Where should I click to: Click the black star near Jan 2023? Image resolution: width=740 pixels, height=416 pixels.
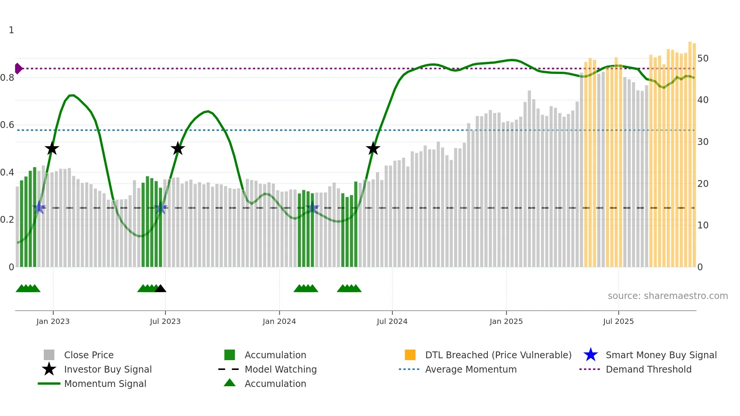tap(52, 149)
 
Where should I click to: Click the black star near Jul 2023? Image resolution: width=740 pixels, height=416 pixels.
tap(177, 149)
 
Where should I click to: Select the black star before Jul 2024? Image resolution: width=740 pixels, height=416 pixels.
tap(373, 149)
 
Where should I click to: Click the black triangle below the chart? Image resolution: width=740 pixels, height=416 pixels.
tap(160, 289)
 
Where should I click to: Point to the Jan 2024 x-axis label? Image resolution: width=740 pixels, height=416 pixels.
tap(279, 321)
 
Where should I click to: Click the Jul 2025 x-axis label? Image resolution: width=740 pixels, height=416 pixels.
tap(618, 321)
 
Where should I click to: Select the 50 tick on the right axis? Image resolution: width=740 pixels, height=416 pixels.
tap(703, 59)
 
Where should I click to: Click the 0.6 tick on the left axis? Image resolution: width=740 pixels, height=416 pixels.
tap(7, 125)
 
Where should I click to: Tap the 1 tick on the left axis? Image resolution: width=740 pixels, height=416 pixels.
tap(11, 30)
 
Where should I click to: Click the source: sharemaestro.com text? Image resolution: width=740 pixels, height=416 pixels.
tap(668, 296)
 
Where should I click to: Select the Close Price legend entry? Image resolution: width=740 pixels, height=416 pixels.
tap(89, 355)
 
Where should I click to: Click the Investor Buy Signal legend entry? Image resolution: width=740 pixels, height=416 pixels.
tap(108, 369)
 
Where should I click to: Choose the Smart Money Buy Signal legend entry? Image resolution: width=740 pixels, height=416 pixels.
tap(661, 355)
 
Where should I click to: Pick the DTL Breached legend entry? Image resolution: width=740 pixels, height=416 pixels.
tap(498, 355)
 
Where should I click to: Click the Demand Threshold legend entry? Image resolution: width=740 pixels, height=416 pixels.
tap(648, 369)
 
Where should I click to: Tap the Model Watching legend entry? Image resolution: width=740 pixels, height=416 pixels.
tap(281, 369)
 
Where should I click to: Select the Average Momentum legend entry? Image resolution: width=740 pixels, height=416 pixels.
tap(470, 369)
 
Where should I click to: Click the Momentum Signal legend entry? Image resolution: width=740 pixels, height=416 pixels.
tap(105, 384)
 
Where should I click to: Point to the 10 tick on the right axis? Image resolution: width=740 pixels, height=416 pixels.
tap(703, 225)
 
